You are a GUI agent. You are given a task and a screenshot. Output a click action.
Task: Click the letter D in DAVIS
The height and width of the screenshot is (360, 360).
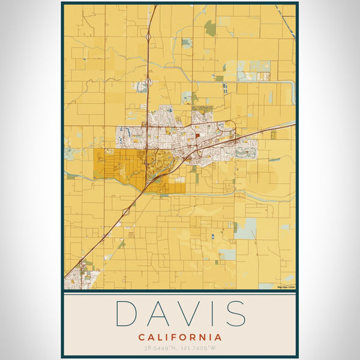[128, 313]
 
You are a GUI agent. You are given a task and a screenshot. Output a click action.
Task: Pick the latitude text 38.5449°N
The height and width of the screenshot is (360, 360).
[161, 347]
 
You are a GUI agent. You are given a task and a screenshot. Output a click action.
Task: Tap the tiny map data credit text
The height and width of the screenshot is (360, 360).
[286, 287]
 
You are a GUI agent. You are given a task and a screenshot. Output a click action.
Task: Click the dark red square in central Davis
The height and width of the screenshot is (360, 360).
[197, 136]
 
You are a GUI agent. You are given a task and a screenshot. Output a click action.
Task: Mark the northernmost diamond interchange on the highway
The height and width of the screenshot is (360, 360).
[148, 37]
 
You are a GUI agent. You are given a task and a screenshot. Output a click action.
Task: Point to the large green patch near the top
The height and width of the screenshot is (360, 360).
[209, 28]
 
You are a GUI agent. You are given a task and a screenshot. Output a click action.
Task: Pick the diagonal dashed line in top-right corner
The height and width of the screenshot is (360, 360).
[289, 22]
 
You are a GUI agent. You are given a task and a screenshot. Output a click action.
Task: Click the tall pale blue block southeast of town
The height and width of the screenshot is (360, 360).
[245, 228]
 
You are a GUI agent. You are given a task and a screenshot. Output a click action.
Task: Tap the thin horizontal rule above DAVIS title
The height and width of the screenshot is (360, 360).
[179, 294]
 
